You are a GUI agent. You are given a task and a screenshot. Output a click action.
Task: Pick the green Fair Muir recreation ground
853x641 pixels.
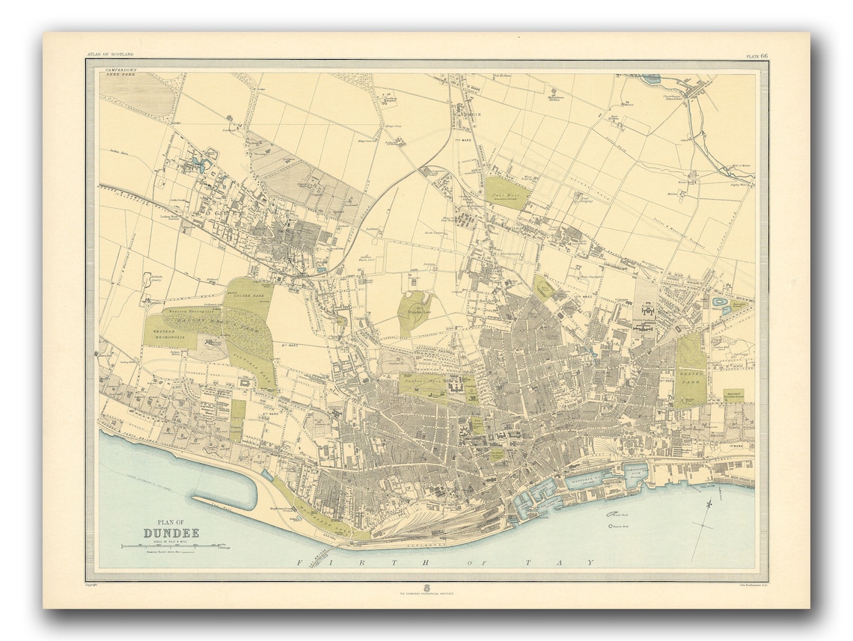(507, 192)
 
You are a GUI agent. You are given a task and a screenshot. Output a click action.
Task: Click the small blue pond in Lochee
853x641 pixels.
(198, 160)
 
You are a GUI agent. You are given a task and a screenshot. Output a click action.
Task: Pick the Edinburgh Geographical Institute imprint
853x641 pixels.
(426, 592)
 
